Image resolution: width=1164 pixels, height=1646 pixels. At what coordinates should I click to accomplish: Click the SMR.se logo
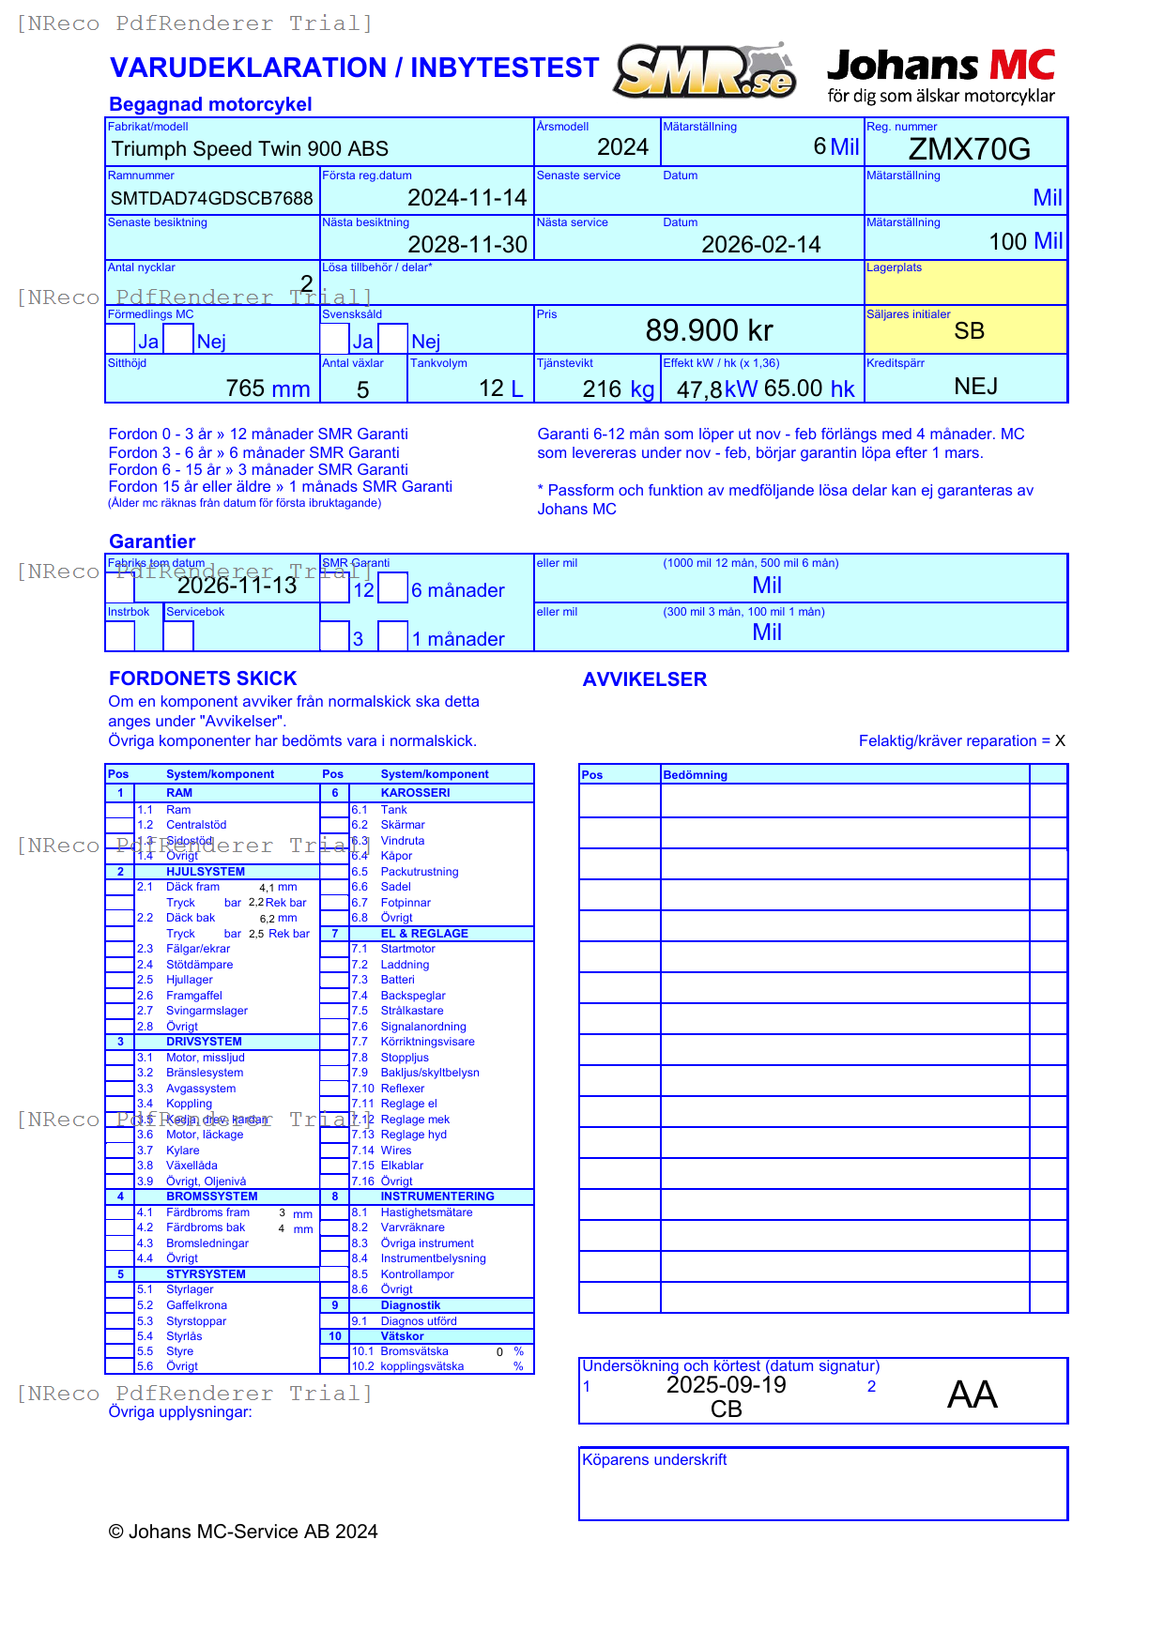(705, 71)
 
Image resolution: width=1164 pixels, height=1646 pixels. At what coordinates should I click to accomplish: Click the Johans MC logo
(941, 75)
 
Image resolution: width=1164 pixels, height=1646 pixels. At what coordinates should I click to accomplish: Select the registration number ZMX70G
(969, 149)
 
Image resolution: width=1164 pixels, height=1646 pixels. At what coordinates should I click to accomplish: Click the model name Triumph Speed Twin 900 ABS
(250, 149)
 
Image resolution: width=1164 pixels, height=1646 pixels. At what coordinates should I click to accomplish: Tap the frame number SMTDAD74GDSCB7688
(211, 198)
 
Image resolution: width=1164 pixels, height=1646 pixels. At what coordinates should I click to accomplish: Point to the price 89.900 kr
(709, 330)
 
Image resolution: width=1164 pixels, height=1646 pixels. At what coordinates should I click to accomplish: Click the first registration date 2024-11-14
(467, 198)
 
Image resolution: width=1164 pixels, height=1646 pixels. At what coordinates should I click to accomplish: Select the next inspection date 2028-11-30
(467, 245)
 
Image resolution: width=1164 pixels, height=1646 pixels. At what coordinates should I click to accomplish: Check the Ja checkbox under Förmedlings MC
(120, 339)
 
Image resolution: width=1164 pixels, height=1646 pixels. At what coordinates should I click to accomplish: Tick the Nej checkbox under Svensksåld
(393, 339)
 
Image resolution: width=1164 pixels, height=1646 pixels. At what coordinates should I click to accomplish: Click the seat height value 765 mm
(268, 389)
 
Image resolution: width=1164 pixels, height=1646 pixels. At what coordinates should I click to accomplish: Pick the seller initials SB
(969, 331)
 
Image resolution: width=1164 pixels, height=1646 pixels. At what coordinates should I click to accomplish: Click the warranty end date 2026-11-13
(237, 586)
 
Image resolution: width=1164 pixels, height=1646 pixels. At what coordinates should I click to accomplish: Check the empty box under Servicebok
(178, 635)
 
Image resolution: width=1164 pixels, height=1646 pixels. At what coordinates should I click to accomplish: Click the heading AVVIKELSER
(644, 679)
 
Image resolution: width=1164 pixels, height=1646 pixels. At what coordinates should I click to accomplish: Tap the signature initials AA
(972, 1395)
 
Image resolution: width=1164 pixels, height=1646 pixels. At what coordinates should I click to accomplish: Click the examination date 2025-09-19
(726, 1385)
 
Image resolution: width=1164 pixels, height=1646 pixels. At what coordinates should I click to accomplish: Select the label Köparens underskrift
(654, 1460)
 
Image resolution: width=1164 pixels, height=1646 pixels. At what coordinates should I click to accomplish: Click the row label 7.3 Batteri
(396, 980)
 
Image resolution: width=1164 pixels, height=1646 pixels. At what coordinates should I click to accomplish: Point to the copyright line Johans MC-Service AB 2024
(243, 1532)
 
